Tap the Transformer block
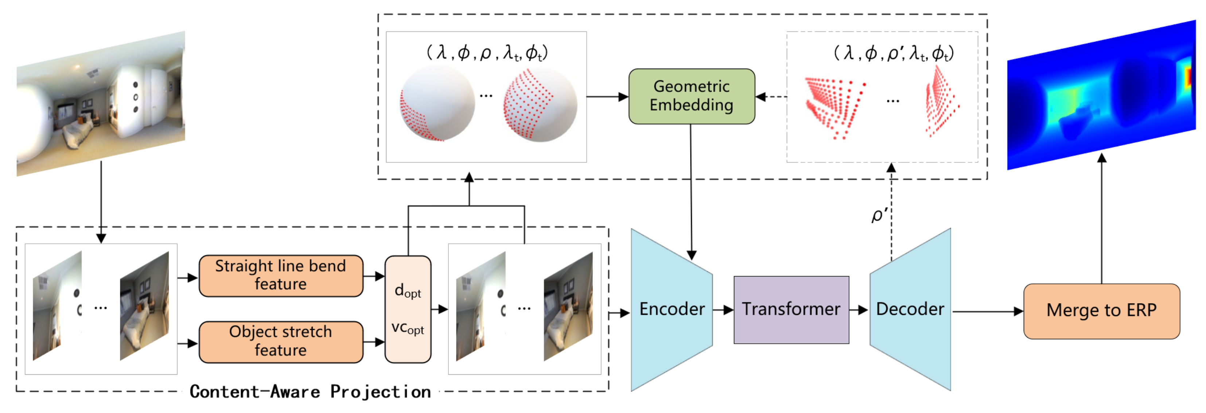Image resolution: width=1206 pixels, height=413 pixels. pyautogui.click(x=791, y=309)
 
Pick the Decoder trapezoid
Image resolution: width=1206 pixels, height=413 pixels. pyautogui.click(x=910, y=309)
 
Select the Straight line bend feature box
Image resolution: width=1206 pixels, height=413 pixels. pyautogui.click(x=280, y=275)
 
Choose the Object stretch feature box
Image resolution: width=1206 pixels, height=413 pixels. pyautogui.click(x=280, y=341)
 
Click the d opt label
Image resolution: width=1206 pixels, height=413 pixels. pyautogui.click(x=407, y=291)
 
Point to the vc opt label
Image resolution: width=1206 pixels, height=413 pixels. pyautogui.click(x=407, y=328)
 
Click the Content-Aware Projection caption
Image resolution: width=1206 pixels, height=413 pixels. pyautogui.click(x=310, y=391)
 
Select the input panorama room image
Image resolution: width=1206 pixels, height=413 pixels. pyautogui.click(x=101, y=103)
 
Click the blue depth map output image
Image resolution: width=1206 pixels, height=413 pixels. pyautogui.click(x=1100, y=96)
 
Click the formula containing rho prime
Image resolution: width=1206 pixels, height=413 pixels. pyautogui.click(x=893, y=53)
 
